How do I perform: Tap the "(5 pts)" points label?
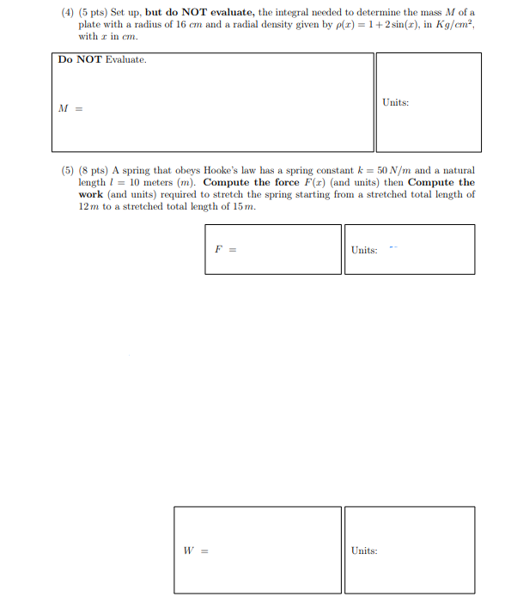point(94,13)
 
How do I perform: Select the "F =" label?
point(225,250)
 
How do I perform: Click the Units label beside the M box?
point(395,102)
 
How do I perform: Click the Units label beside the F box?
point(364,250)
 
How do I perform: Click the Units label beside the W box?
point(364,551)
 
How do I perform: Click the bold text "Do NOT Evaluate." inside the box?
point(102,60)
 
